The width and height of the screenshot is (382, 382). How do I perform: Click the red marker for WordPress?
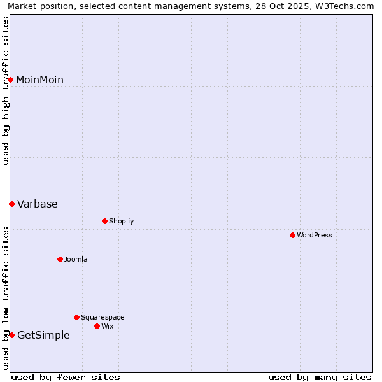click(292, 235)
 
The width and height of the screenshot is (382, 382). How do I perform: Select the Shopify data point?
click(104, 221)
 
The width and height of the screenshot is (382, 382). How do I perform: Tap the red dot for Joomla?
click(60, 259)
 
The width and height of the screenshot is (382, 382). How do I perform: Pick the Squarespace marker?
click(76, 317)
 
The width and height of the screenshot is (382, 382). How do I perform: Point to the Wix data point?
click(97, 326)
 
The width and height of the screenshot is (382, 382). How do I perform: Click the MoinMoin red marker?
click(11, 80)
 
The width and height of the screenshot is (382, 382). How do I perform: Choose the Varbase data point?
click(11, 204)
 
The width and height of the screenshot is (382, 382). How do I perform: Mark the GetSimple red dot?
click(11, 335)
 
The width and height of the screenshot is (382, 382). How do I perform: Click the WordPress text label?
click(315, 235)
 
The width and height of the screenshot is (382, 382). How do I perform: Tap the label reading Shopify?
click(121, 221)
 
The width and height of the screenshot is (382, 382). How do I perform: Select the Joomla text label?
click(76, 259)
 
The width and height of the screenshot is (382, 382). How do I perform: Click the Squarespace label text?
click(103, 317)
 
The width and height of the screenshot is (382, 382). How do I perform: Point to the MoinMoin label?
click(39, 80)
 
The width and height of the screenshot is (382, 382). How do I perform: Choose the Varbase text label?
click(37, 204)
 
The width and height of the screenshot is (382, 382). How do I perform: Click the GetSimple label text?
click(43, 335)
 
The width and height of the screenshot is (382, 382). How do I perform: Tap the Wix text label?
click(107, 326)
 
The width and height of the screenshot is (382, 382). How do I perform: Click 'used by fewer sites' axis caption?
click(66, 377)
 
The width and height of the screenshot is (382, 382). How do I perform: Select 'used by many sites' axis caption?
click(320, 377)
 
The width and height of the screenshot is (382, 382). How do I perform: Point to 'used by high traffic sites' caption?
click(6, 90)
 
